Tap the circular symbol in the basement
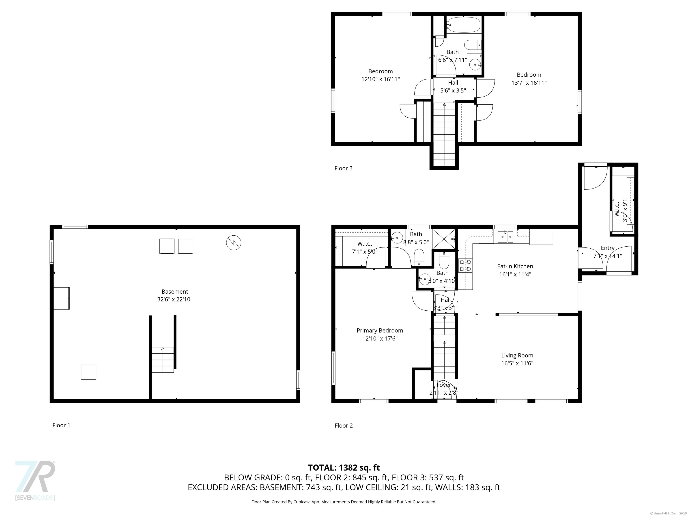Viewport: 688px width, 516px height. [233, 243]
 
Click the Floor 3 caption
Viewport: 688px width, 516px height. [343, 168]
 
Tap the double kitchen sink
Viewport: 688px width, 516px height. [505, 237]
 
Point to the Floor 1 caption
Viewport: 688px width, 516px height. [61, 425]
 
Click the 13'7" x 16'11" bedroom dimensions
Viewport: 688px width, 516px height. [529, 83]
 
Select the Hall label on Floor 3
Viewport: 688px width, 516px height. [453, 83]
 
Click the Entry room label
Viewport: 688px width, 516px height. [607, 248]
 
